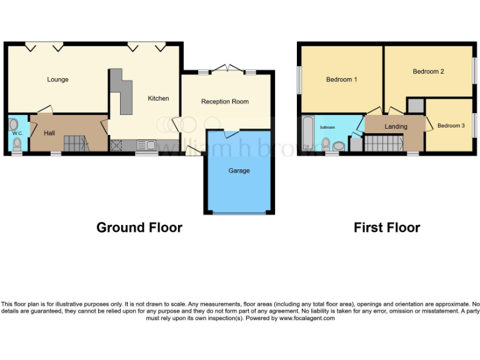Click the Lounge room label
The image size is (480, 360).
pos(57,79)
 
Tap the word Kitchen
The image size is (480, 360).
pos(158,98)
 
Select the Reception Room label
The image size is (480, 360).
pos(224,101)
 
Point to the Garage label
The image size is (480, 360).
pos(239,171)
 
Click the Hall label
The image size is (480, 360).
pos(49,132)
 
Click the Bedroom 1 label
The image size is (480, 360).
pos(342,79)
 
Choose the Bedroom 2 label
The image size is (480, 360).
pos(428,71)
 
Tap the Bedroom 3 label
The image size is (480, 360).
pos(451,126)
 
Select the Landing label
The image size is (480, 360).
pos(396,126)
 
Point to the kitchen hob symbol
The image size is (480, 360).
pos(116,146)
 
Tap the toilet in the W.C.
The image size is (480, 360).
pos(17,145)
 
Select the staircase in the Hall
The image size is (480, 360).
pos(76,144)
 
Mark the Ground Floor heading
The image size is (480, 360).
pos(139,227)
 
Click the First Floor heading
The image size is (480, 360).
pos(387,227)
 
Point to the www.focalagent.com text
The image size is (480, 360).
pos(306,318)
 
